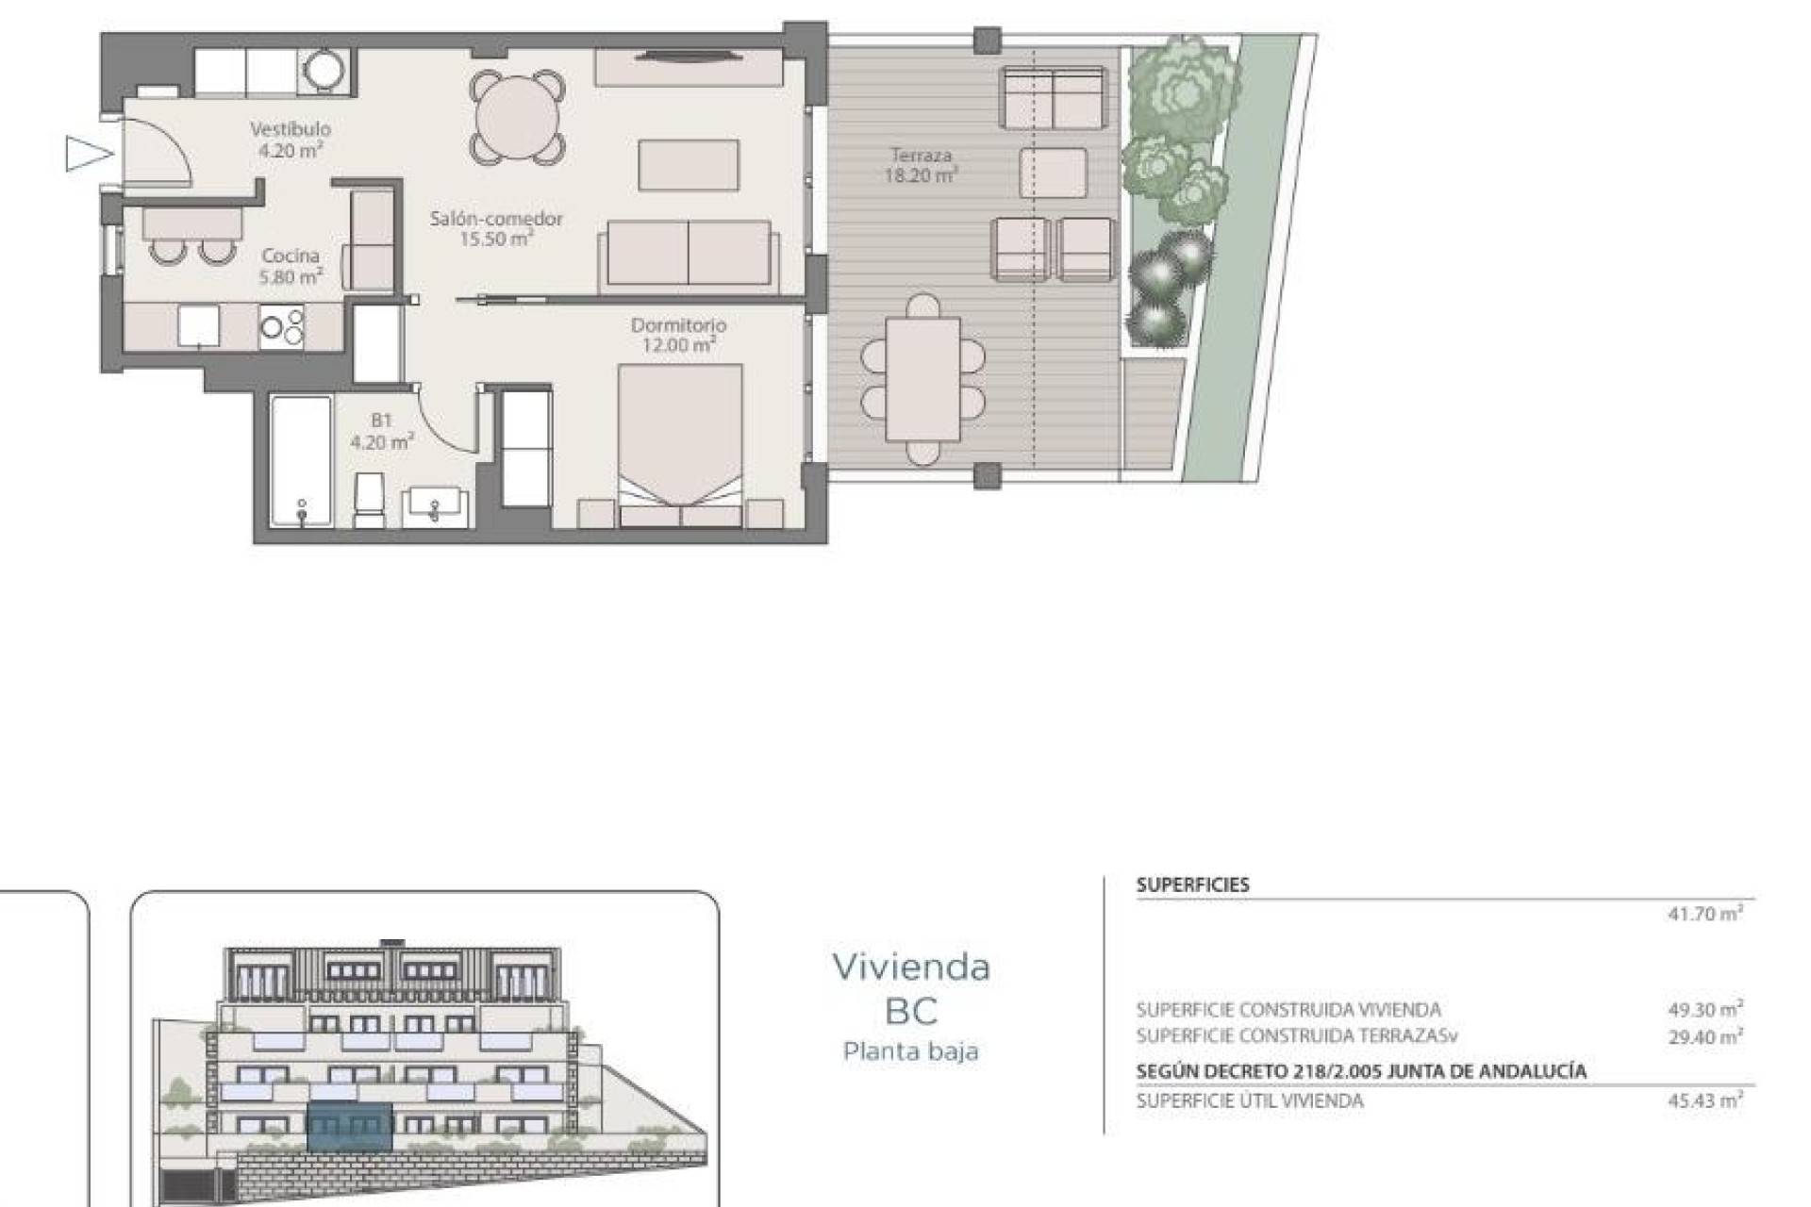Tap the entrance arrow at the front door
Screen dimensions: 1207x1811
tap(88, 154)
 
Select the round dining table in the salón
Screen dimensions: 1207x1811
tap(519, 117)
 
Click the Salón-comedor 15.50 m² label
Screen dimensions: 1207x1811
tap(496, 228)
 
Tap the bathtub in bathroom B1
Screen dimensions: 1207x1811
tap(301, 459)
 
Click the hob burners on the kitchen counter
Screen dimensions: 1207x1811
tap(282, 327)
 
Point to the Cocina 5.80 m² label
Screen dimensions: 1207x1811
tap(291, 266)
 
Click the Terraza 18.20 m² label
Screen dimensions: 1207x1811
tap(921, 165)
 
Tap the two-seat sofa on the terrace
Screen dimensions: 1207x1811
tap(1053, 98)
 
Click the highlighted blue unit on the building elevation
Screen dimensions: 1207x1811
tap(350, 1126)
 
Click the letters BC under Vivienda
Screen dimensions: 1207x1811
tap(911, 1011)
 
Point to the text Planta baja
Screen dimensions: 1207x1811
tap(911, 1050)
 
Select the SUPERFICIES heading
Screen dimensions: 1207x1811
tap(1192, 885)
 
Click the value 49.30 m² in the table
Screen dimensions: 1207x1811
tap(1704, 1009)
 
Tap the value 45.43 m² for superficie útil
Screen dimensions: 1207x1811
tap(1704, 1100)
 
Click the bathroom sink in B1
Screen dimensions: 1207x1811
tap(435, 504)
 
